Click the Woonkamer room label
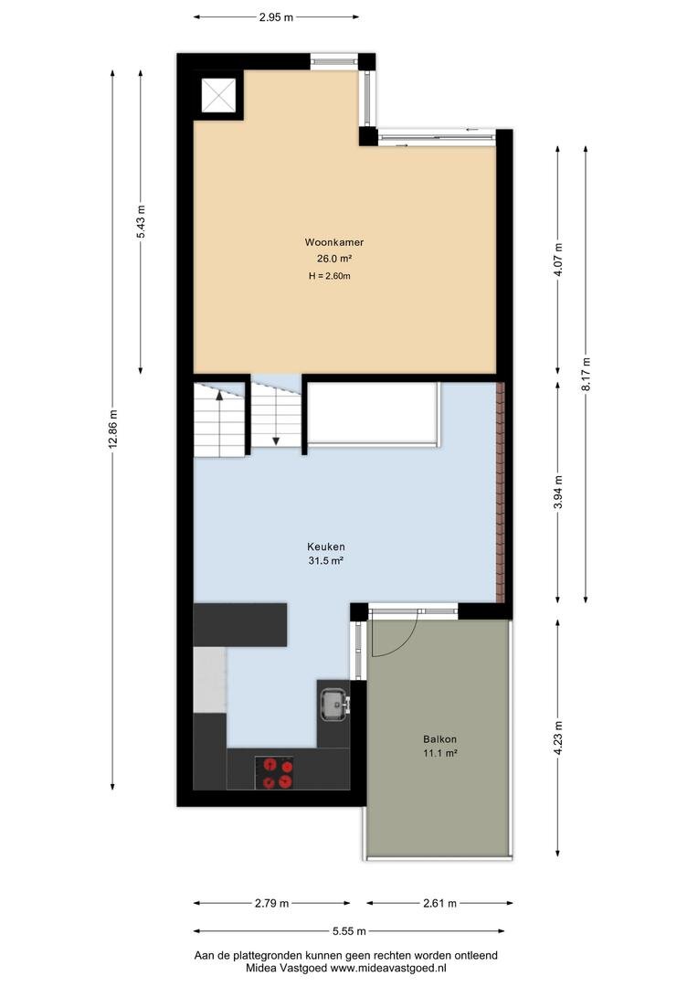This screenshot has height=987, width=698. click(334, 242)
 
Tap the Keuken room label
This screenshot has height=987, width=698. click(325, 547)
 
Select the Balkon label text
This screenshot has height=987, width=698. click(440, 739)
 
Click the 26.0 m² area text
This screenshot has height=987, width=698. click(334, 259)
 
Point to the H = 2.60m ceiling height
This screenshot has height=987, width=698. click(329, 276)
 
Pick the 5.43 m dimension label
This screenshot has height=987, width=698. click(141, 221)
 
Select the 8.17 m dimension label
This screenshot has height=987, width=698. click(586, 375)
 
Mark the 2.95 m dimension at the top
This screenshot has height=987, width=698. click(276, 17)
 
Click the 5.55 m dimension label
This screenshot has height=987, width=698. click(349, 931)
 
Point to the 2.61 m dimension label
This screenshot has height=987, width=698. click(439, 903)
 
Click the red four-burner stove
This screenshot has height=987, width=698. click(274, 773)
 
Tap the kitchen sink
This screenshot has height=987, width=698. click(334, 704)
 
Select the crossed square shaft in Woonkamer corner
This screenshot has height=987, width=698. click(218, 96)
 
